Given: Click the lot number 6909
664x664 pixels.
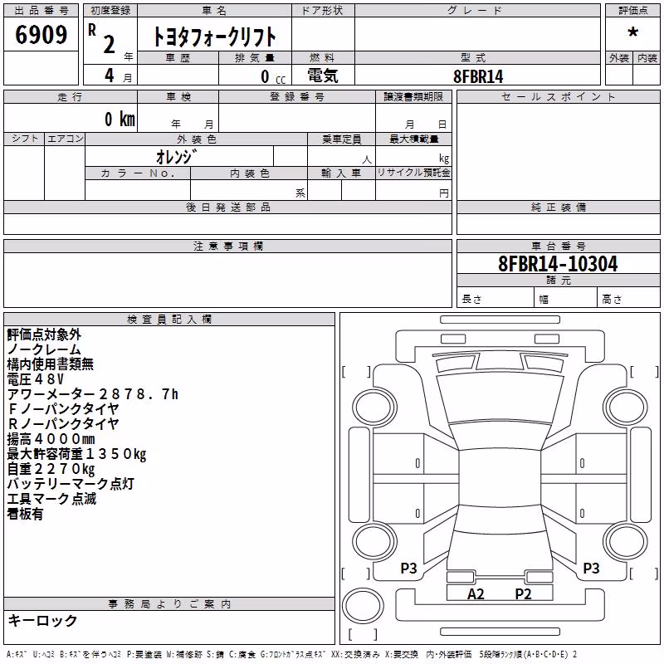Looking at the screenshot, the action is [x=41, y=34].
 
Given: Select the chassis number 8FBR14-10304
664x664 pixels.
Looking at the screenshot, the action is [x=558, y=263].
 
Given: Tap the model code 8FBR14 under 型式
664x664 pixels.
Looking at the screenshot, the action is [x=478, y=76].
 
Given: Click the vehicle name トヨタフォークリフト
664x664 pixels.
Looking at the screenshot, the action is [x=214, y=37].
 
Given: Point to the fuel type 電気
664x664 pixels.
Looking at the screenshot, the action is [x=323, y=76].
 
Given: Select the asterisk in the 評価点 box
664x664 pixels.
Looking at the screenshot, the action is [x=633, y=32].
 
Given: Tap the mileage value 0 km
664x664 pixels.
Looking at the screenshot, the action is [x=120, y=119].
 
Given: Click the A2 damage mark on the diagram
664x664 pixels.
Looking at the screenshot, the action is [x=476, y=594].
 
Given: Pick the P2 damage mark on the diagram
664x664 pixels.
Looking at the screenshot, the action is [x=523, y=594].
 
